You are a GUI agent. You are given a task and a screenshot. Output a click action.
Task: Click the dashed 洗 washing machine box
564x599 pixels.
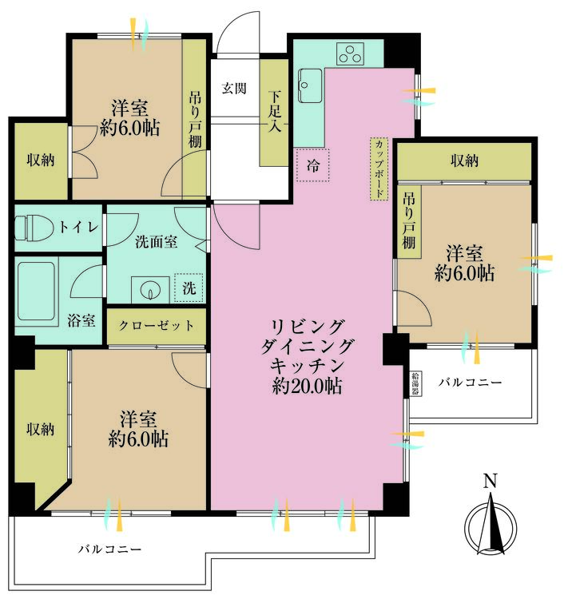(189, 288)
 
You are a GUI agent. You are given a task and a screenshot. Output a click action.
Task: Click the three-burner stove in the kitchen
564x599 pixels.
(350, 54)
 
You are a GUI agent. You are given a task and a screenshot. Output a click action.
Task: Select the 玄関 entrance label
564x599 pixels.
(233, 87)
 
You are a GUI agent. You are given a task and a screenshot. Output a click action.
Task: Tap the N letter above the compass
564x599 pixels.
(490, 481)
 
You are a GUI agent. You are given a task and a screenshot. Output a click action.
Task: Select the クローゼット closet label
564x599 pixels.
(157, 326)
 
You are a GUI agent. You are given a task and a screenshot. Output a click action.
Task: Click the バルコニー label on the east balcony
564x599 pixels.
(471, 383)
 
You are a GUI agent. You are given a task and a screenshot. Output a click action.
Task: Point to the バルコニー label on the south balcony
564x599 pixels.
(109, 549)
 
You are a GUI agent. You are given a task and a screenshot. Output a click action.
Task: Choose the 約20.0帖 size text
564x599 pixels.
(307, 387)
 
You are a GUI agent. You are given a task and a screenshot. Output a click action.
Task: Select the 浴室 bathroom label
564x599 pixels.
(82, 321)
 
